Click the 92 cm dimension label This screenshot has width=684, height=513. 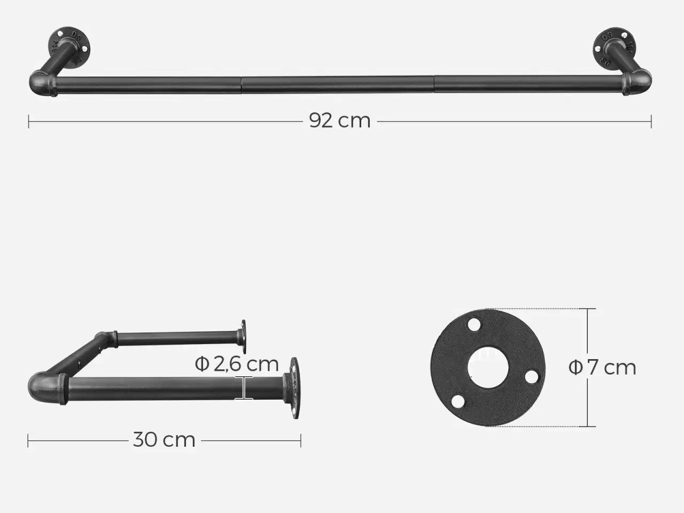point(340,121)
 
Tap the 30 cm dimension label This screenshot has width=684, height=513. point(164,440)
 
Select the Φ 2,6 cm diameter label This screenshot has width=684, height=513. point(237,364)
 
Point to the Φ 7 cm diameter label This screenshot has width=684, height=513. point(602,368)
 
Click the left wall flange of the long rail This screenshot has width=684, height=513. point(69,46)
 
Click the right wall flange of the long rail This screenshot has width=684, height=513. point(613,48)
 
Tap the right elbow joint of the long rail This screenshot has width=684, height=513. point(637,82)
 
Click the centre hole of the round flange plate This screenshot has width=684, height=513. point(488,368)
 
